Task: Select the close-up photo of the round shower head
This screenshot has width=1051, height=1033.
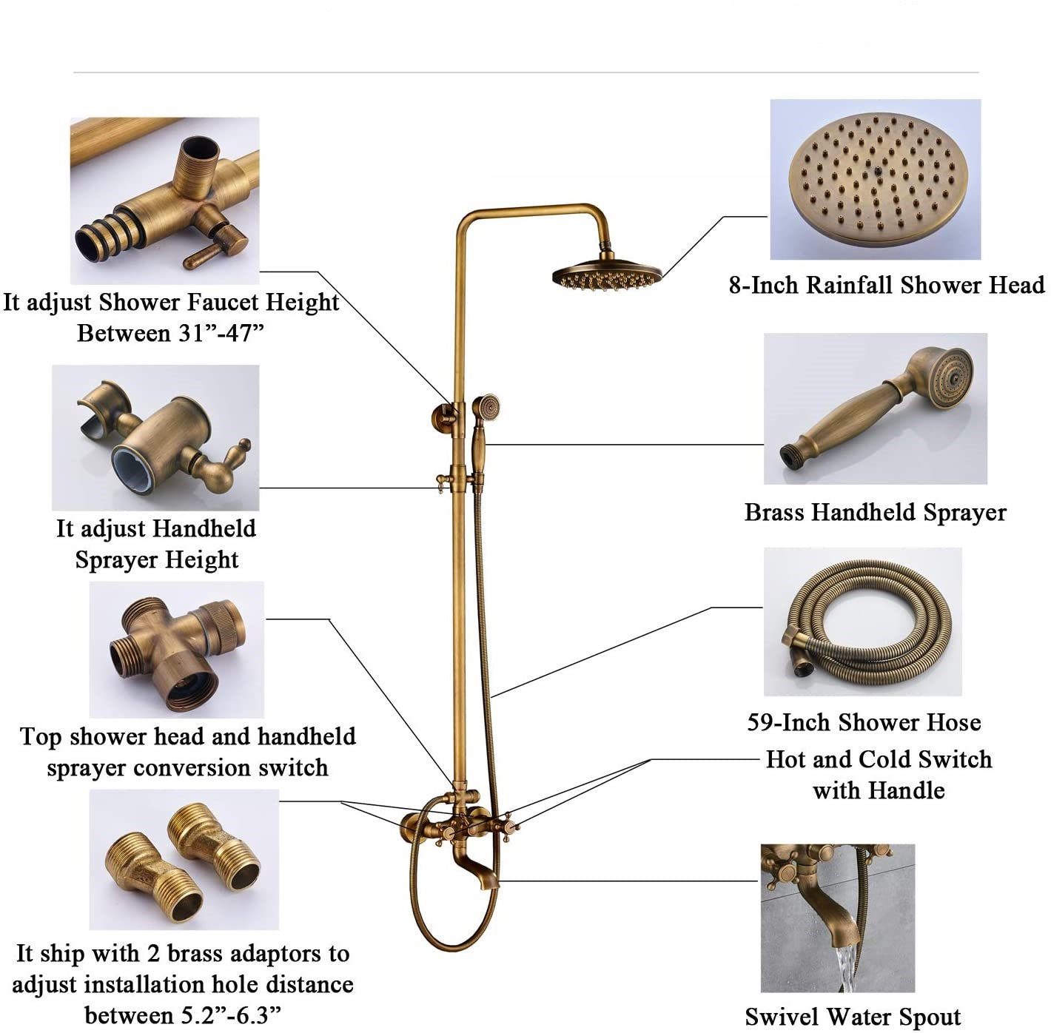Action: pos(876,180)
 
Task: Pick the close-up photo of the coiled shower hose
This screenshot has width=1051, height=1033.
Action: pos(862,622)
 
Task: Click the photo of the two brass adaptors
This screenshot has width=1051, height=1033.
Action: pos(184,859)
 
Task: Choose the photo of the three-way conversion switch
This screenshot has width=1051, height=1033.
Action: pos(176,649)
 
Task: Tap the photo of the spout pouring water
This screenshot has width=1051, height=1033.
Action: pos(837,918)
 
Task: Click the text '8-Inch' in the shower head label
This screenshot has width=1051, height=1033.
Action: pos(764,286)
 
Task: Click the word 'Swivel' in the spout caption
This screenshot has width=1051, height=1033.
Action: pos(782,1017)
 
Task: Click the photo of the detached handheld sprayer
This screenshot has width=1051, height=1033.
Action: pos(876,408)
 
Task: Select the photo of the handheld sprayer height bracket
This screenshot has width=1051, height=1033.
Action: pos(155,437)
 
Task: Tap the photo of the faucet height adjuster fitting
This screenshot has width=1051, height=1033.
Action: pos(165,200)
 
